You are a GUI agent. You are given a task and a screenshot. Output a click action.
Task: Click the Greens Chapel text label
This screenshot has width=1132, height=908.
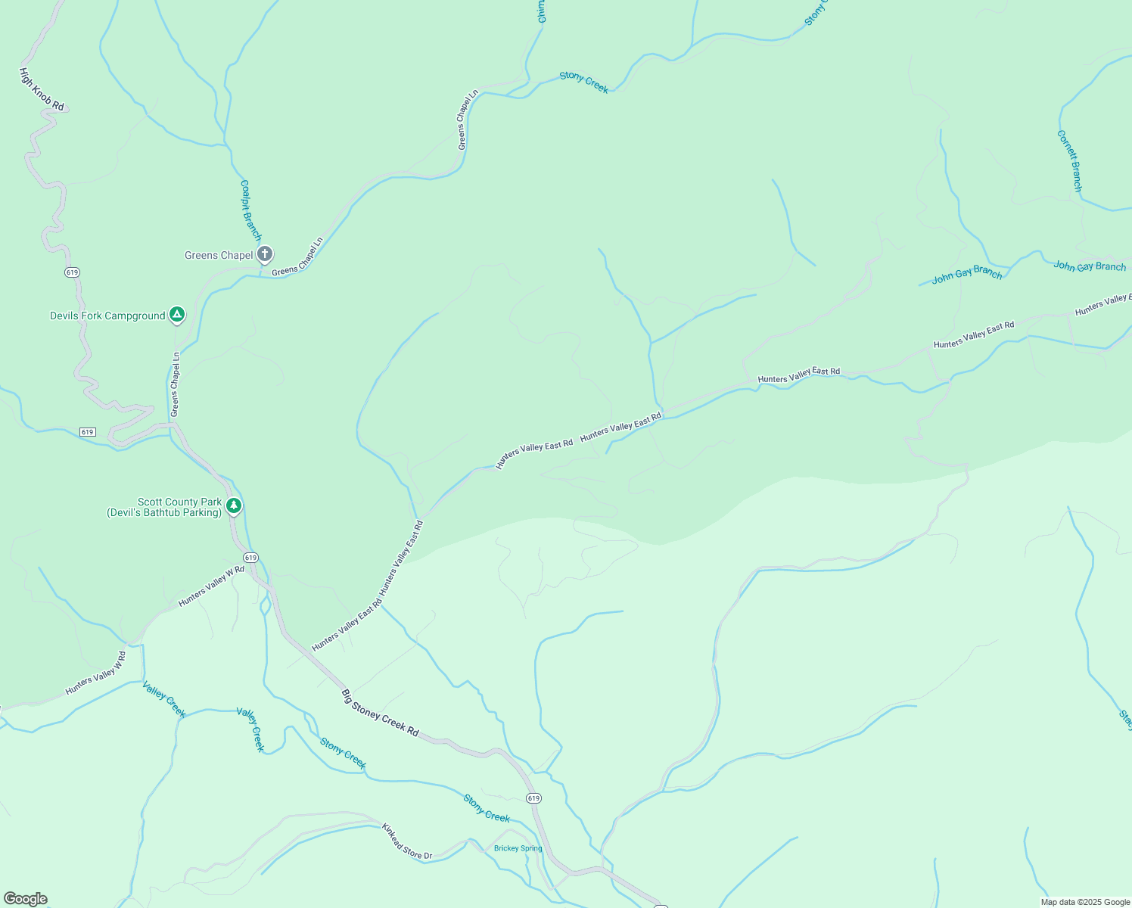(219, 255)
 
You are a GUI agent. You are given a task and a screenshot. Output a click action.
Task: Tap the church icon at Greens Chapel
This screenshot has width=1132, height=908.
(264, 253)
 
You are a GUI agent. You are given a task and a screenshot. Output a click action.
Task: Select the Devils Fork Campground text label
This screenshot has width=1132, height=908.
(107, 316)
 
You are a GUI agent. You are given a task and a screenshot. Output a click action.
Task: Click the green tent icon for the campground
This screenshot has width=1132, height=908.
(176, 314)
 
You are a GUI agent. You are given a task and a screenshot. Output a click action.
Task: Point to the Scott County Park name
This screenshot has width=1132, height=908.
(179, 502)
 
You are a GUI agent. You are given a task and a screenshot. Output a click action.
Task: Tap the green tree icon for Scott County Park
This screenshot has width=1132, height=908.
(234, 505)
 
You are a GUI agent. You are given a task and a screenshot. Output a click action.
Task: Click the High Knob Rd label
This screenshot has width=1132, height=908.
(42, 89)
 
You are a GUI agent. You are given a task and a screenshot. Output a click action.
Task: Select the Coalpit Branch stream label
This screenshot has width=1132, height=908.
(250, 210)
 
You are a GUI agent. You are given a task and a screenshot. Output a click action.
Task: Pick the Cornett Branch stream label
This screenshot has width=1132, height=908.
(1069, 160)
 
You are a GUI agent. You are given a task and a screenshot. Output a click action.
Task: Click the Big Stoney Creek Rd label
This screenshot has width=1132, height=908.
(380, 712)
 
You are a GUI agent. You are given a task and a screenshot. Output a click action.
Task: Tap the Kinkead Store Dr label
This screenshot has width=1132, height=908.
(406, 841)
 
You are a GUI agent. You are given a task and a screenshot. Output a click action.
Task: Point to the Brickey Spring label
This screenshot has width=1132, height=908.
(518, 848)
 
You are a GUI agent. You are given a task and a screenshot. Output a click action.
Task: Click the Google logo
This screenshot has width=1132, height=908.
(25, 899)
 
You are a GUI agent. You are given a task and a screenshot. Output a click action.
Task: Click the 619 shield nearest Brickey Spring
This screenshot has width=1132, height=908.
(533, 798)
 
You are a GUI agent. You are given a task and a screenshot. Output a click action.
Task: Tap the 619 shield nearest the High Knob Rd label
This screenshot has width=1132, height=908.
(72, 272)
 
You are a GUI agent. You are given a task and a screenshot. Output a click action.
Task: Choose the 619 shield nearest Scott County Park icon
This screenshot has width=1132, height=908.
(250, 558)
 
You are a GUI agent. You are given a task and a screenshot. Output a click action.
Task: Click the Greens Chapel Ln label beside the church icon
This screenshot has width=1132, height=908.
(297, 257)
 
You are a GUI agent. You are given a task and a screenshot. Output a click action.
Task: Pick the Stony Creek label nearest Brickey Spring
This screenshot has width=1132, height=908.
(487, 808)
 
